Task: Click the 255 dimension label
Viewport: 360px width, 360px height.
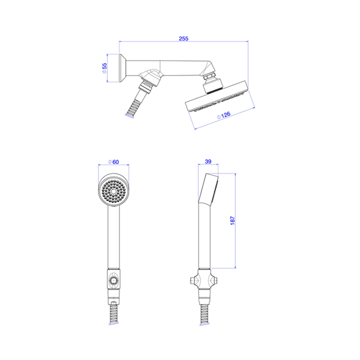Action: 184,38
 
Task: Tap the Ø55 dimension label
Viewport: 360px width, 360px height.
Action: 104,68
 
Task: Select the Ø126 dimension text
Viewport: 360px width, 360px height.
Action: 224,115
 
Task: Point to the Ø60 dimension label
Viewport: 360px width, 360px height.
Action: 113,162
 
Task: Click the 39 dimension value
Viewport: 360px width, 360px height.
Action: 208,161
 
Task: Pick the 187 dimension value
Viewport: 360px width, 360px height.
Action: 232,220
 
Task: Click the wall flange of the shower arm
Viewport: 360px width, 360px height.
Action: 122,68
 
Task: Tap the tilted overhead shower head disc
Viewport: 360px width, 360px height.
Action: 217,96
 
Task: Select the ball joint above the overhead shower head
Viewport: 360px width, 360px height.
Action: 212,84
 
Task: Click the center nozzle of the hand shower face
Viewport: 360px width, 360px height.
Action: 113,191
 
